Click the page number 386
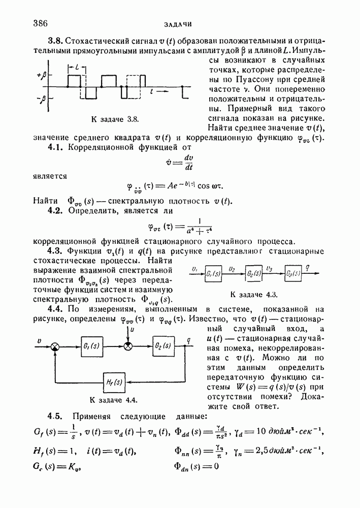point(40,23)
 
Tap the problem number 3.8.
point(55,41)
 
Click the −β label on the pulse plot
point(41,99)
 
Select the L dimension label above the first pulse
point(75,67)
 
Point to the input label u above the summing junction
point(132,330)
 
